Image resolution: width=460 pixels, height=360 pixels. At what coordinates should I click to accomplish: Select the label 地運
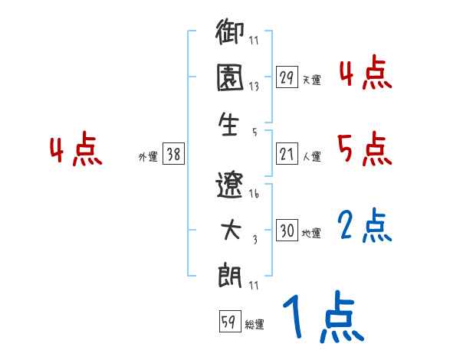pos(312,233)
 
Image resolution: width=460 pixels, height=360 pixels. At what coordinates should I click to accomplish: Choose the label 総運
pos(255,325)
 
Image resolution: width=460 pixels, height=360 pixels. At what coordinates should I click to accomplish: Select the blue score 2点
pos(364,225)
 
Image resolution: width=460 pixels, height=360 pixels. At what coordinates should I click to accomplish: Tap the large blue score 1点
pos(321,318)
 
